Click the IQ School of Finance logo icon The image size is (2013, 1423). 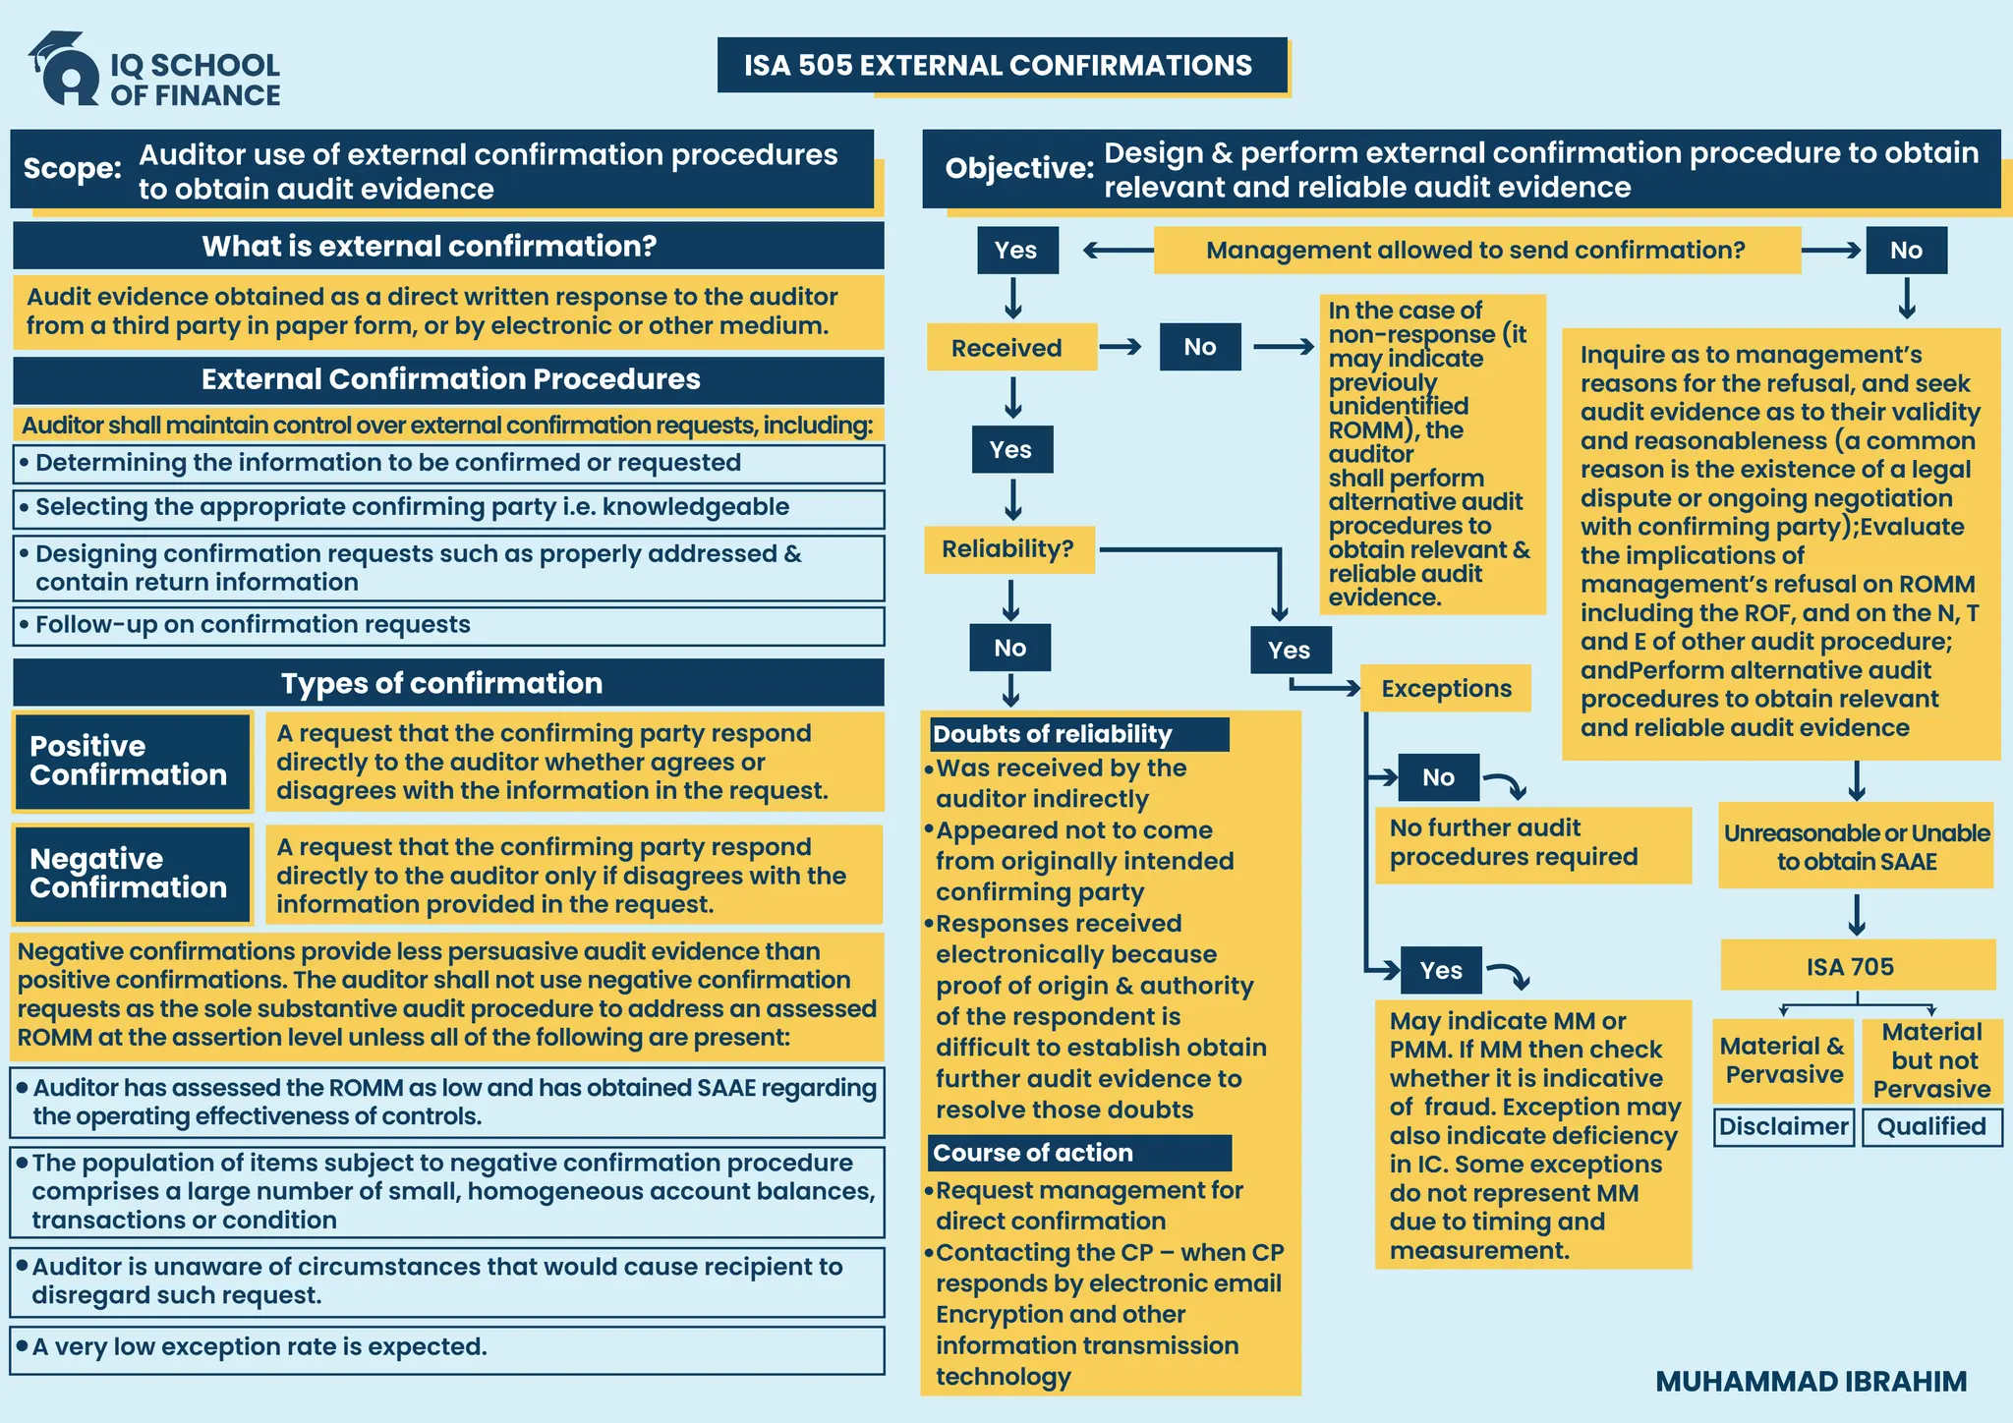(x=65, y=69)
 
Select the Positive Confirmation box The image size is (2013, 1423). (x=132, y=761)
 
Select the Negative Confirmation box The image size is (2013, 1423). (x=132, y=874)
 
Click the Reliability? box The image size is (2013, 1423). (x=1008, y=548)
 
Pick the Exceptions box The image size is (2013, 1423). (x=1445, y=689)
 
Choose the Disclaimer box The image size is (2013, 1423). (x=1783, y=1126)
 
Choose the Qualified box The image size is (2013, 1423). (x=1930, y=1126)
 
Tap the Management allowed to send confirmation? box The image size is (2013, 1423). (x=1475, y=251)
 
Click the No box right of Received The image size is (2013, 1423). (x=1199, y=347)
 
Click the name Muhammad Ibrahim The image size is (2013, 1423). (x=1811, y=1381)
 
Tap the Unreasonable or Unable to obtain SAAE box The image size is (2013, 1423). (x=1856, y=847)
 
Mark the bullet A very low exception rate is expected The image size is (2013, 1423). (x=259, y=1347)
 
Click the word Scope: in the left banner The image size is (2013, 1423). (x=73, y=168)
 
